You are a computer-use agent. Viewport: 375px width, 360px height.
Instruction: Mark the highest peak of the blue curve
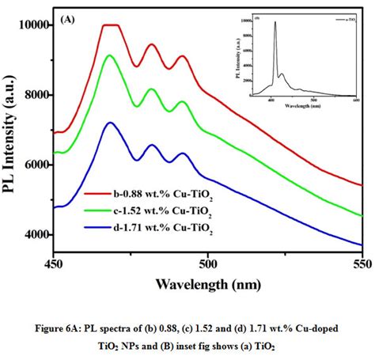pos(111,123)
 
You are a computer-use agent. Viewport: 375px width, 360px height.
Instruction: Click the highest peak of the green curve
pos(110,55)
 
